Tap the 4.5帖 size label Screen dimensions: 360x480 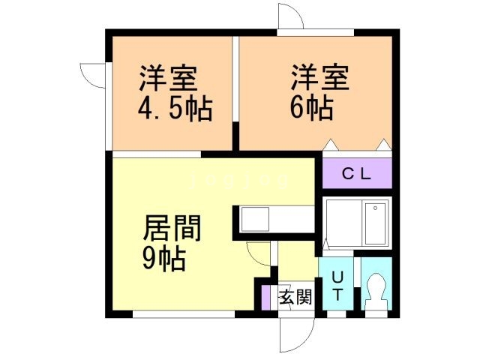point(174,110)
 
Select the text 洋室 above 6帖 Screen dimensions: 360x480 point(320,79)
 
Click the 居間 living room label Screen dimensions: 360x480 point(172,227)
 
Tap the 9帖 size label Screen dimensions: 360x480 point(164,259)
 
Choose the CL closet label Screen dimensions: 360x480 point(356,175)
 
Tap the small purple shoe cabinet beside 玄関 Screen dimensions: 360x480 point(266,297)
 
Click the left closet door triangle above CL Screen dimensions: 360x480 point(331,144)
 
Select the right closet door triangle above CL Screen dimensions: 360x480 point(385,144)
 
